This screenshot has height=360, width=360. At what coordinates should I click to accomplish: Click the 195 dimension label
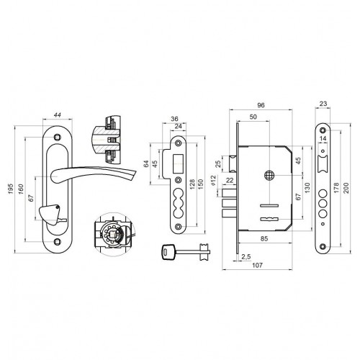tap(10, 189)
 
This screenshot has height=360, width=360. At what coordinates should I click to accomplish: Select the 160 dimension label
tap(21, 189)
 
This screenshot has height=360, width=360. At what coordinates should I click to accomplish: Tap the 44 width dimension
tap(57, 115)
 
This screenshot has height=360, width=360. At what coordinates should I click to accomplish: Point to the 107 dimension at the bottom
tap(257, 265)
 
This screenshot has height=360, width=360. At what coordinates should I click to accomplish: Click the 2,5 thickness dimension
tap(246, 257)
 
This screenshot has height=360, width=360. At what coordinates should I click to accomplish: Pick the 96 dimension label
tap(261, 105)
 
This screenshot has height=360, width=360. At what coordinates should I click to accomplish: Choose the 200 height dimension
tap(346, 187)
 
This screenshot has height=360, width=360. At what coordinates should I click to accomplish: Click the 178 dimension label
tap(336, 187)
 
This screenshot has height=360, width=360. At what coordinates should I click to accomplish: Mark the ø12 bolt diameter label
tap(213, 181)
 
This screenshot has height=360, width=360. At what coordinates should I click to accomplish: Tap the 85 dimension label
tap(264, 238)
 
